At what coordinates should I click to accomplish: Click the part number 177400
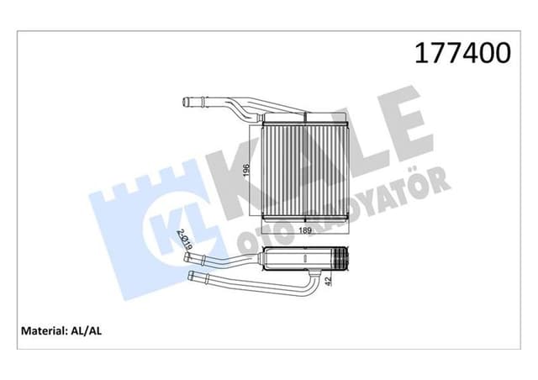pos(461,54)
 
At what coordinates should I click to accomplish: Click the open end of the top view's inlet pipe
pos(185,103)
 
